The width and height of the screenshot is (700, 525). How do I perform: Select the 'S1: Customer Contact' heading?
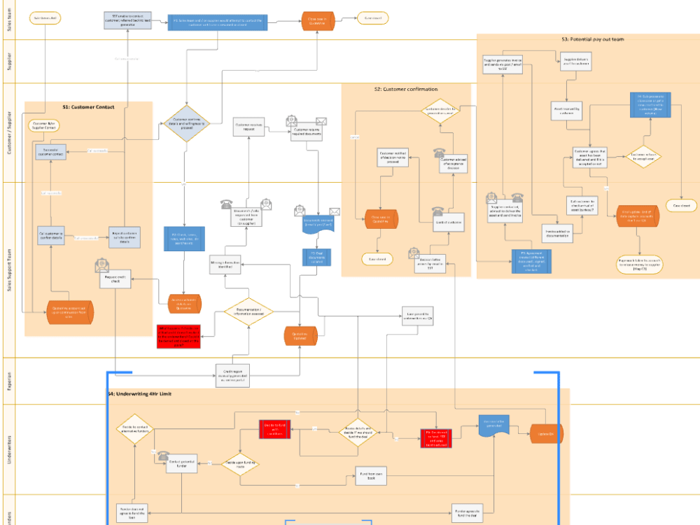(x=88, y=107)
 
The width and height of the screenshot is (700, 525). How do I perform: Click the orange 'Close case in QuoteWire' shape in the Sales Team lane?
(x=316, y=20)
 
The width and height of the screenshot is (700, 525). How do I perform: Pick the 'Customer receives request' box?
(x=248, y=127)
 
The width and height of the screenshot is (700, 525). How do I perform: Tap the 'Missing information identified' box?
(x=226, y=265)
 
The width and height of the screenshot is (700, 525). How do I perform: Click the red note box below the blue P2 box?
(x=178, y=336)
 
